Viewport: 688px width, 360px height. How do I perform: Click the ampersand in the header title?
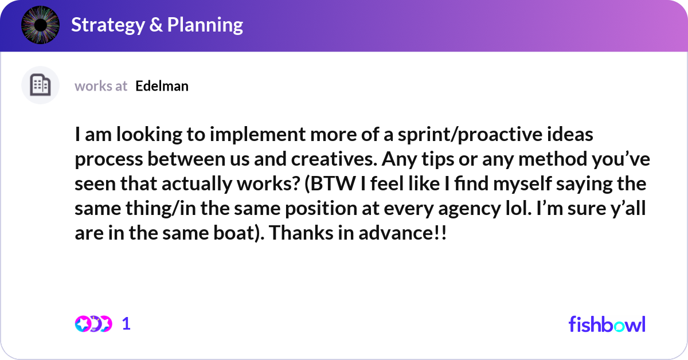click(155, 25)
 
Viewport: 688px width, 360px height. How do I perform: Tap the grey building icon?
click(40, 85)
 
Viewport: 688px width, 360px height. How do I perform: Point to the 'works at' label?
click(101, 86)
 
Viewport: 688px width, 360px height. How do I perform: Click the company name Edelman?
click(162, 86)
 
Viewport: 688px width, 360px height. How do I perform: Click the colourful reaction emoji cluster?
click(93, 324)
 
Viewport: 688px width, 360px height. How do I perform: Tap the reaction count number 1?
click(126, 324)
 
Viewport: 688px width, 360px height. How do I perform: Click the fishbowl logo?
click(607, 324)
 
